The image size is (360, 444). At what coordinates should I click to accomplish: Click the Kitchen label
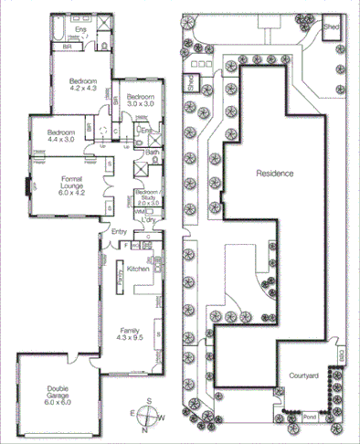tap(137, 269)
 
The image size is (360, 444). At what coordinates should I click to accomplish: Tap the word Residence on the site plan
tap(274, 173)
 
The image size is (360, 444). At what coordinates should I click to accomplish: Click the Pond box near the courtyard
tap(310, 417)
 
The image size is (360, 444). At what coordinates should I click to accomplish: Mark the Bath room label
tap(150, 153)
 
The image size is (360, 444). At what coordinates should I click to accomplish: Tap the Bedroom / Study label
tap(147, 196)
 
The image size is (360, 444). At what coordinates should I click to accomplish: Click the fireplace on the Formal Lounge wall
tap(30, 186)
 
